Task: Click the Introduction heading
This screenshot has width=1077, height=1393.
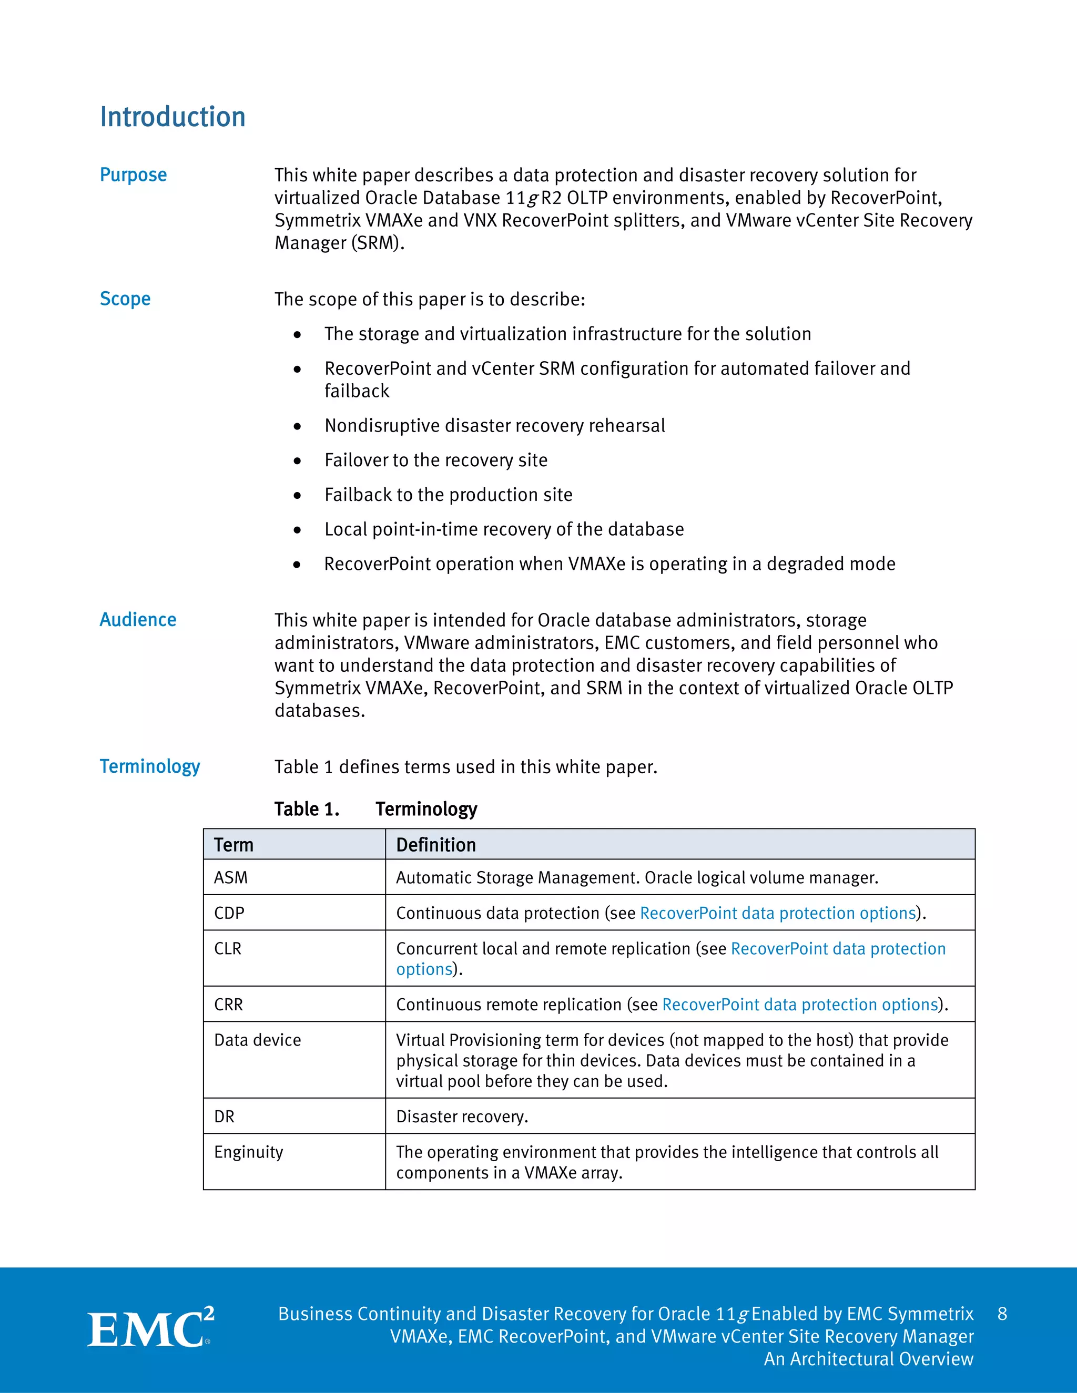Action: coord(172,117)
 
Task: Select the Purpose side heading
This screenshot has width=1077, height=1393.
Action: coord(134,175)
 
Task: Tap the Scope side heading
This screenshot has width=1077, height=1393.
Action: coord(125,299)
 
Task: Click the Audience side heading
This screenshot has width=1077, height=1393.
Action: coord(138,619)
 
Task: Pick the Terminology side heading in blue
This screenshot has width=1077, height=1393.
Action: coord(150,766)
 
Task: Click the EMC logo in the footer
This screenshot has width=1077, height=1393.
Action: coord(150,1328)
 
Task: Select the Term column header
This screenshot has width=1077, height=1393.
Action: coord(233,845)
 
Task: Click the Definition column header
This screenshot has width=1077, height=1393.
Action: coord(436,845)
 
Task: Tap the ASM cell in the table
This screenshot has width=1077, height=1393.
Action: coord(231,878)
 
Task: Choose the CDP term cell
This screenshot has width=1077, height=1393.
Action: coord(229,913)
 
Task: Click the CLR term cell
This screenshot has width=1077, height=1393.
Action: coord(228,948)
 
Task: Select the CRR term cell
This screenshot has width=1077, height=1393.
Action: coord(228,1005)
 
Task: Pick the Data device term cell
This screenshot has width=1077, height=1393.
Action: coord(257,1040)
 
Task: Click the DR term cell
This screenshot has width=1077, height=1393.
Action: coord(224,1116)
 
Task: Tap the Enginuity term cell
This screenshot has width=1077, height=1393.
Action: coord(248,1152)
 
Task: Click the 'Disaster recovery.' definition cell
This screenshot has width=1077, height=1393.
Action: coord(462,1116)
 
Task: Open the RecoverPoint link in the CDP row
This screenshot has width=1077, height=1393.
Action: coord(777,913)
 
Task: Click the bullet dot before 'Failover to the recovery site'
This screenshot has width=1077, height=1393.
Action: coord(297,460)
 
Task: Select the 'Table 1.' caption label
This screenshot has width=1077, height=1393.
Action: coord(306,809)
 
